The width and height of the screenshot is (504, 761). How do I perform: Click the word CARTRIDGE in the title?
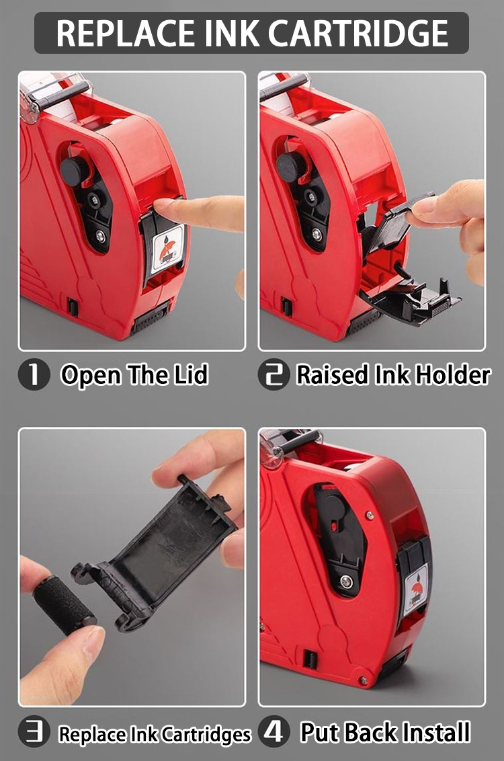[355, 32]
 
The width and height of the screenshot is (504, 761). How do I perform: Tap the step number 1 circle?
[34, 375]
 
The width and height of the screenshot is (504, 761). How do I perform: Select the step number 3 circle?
[34, 733]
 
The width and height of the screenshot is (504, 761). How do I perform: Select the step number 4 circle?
[274, 733]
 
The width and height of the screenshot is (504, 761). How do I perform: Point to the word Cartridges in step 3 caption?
[206, 735]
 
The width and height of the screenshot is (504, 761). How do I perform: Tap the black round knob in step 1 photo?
[74, 170]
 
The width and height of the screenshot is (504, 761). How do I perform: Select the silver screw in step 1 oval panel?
[101, 235]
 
